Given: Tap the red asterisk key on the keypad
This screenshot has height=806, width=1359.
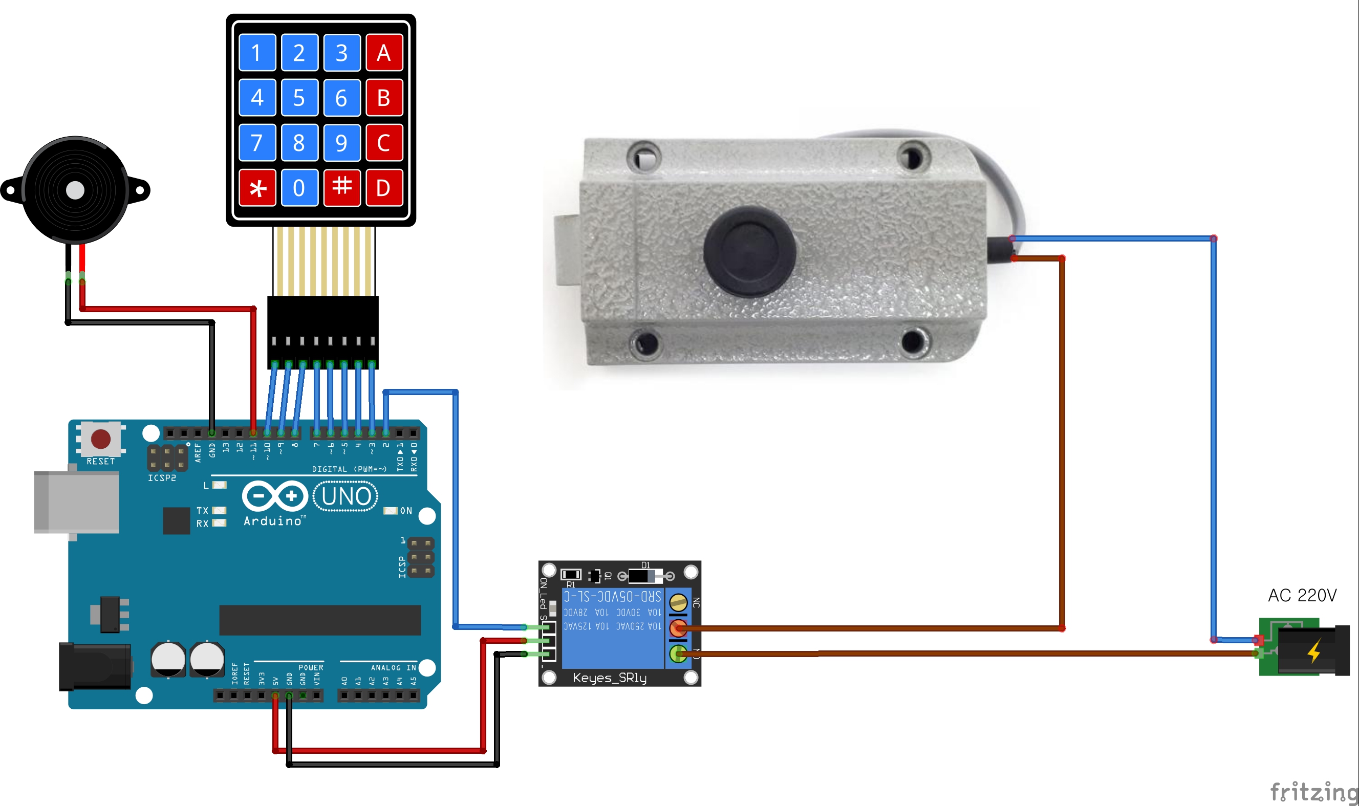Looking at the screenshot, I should [x=257, y=188].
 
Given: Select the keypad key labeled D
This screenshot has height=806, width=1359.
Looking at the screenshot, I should [x=384, y=188].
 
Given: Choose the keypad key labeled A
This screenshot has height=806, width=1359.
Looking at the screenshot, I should [x=384, y=53].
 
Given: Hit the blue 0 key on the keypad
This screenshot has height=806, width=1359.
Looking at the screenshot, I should [x=299, y=188].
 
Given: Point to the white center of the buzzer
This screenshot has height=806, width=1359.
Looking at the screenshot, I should [x=75, y=190].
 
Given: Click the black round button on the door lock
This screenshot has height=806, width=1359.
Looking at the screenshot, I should [x=749, y=251].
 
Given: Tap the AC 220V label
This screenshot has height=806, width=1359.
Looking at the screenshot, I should [x=1302, y=595].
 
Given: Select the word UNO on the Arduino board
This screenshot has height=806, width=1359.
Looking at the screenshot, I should [x=346, y=496].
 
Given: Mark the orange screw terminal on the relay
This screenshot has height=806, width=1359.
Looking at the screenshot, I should [x=678, y=628].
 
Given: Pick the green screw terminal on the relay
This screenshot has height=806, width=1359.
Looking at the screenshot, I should [x=678, y=653].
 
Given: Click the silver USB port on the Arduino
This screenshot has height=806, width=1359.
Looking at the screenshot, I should [x=76, y=502].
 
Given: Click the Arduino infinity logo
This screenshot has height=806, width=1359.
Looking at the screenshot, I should [x=275, y=496].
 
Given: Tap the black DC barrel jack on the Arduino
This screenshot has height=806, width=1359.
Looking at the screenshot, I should [x=95, y=666].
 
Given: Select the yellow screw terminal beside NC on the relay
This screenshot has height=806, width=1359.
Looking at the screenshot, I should [x=678, y=602].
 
